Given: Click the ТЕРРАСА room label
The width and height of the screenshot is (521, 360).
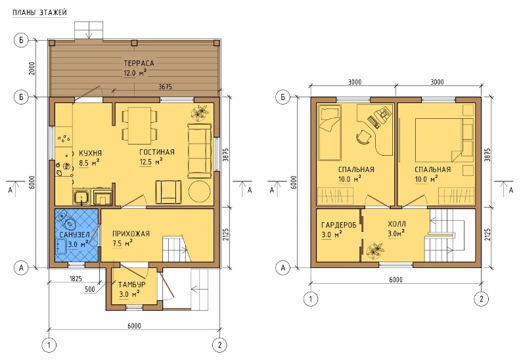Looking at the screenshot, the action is click(x=139, y=63).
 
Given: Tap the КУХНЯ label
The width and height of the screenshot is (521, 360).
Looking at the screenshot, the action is click(x=90, y=153).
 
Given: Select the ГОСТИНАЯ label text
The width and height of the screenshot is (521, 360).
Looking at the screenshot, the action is click(x=157, y=152).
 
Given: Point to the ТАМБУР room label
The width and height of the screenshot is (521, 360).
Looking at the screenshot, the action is click(x=131, y=284).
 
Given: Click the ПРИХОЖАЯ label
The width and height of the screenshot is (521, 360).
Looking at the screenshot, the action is click(x=131, y=233).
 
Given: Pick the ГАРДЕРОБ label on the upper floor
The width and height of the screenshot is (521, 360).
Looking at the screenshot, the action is click(x=338, y=225).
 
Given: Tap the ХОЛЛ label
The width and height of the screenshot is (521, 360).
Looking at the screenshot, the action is click(x=396, y=224).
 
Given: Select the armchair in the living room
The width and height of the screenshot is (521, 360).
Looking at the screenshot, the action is click(x=168, y=192).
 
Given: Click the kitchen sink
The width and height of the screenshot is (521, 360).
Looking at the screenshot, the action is click(x=81, y=197).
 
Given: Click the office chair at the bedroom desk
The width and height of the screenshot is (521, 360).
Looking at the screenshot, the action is click(x=363, y=137).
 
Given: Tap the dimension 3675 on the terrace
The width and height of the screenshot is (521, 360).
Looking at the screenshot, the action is click(x=165, y=87).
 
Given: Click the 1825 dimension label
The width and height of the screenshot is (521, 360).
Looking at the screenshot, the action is click(x=76, y=279).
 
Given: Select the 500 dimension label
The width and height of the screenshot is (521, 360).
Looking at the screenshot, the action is click(x=90, y=289).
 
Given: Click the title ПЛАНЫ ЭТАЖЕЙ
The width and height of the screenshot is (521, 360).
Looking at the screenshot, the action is click(x=39, y=12).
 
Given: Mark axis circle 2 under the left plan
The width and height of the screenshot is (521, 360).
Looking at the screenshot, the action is click(x=219, y=345).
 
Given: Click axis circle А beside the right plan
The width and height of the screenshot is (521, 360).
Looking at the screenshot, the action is click(x=283, y=267).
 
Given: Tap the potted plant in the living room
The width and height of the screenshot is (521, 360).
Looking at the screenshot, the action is click(x=199, y=112).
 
